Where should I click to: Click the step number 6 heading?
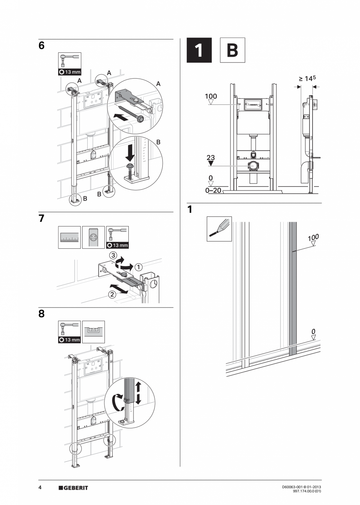41,46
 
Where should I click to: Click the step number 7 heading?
41,219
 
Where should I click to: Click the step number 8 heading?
41,314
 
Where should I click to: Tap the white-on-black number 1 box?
199,50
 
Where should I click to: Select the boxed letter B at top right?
232,50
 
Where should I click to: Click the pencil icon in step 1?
219,229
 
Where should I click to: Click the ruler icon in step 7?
69,237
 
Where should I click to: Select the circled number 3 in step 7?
113,255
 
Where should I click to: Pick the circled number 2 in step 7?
112,295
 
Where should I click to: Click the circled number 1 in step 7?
139,267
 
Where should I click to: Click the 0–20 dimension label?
213,191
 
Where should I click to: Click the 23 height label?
211,158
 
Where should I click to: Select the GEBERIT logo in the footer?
73,488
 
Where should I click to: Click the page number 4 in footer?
40,487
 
